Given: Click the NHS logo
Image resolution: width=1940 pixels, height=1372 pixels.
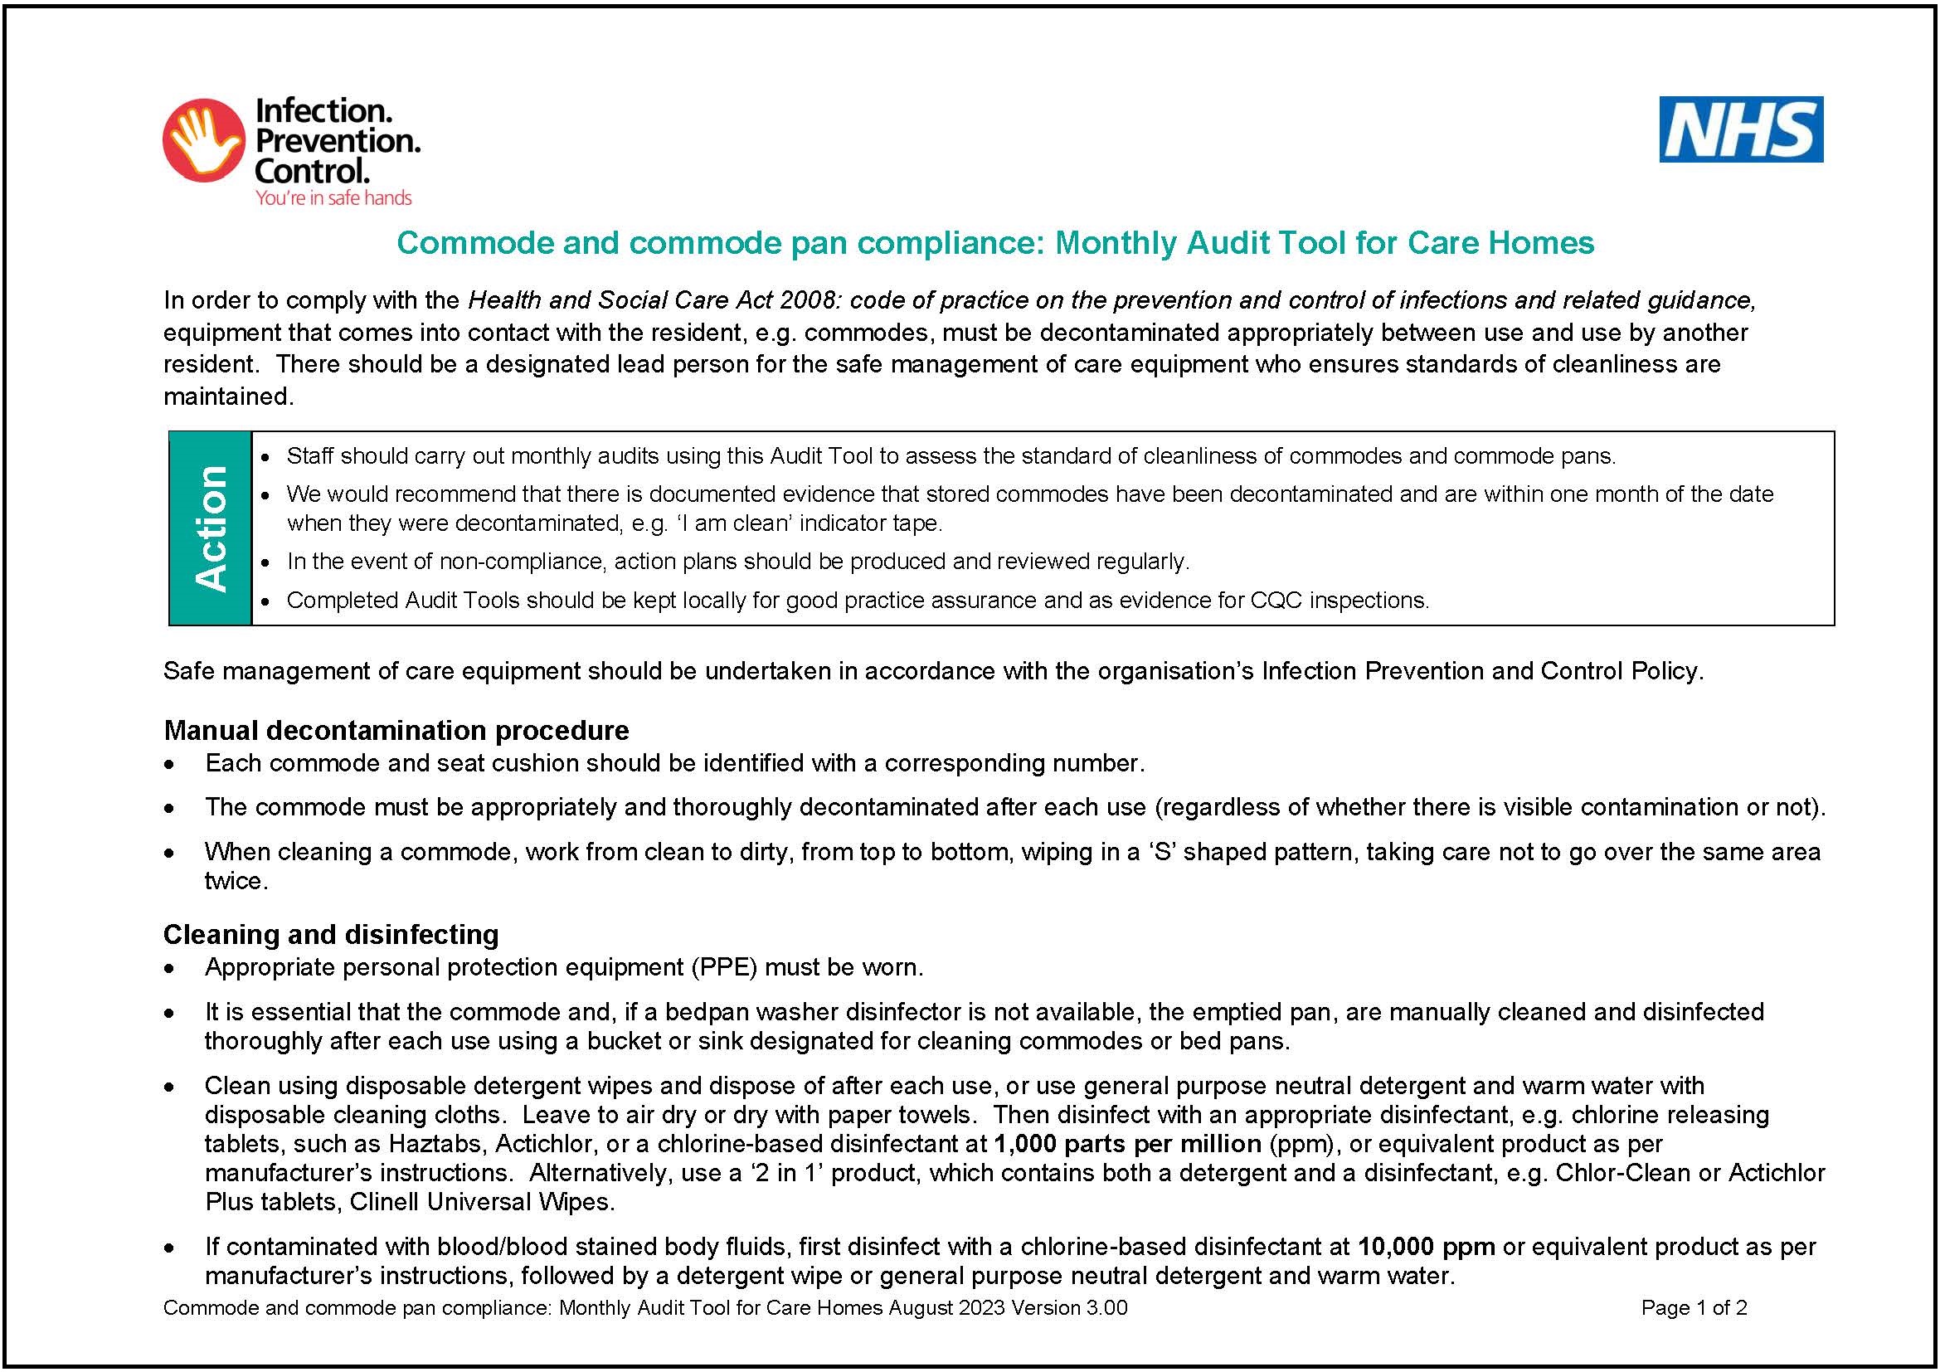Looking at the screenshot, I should click(1741, 129).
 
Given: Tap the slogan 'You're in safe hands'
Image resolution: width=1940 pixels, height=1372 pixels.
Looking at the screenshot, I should click(333, 197).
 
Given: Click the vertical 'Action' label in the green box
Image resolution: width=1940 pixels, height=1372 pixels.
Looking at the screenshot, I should click(211, 528).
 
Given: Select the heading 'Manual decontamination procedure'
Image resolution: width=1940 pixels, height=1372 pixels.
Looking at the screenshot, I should click(396, 730).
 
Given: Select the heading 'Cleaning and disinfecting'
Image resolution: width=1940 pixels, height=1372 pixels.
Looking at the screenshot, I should click(330, 934).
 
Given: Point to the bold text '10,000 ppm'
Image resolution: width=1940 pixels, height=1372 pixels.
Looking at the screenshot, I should click(1427, 1246).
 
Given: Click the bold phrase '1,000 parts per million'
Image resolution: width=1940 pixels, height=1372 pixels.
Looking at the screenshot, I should click(1127, 1144).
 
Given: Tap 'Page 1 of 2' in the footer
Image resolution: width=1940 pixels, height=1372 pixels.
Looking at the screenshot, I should click(1694, 1308).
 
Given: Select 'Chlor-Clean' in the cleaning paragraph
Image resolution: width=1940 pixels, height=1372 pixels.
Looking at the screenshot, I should click(1634, 1173).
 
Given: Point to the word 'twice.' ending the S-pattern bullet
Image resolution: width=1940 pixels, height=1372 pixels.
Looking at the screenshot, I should click(236, 881).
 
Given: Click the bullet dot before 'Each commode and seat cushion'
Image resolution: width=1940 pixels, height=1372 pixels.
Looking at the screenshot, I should click(171, 765).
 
